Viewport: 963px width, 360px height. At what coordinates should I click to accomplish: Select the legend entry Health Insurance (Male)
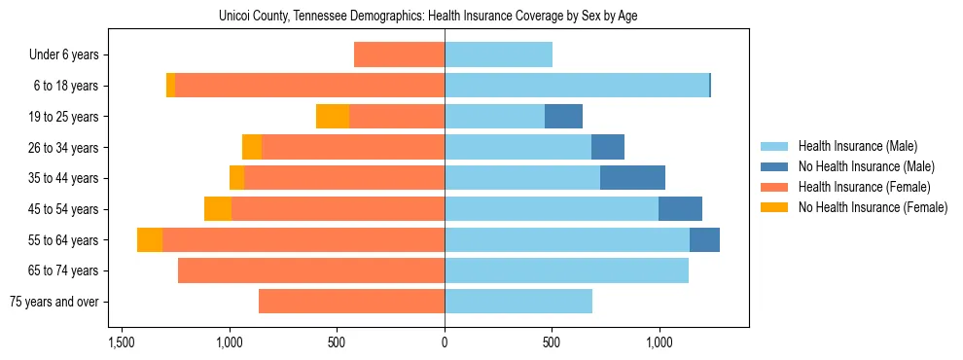point(857,146)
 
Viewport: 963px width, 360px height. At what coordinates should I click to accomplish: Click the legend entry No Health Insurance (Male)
point(866,166)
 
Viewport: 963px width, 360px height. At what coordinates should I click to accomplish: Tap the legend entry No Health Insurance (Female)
point(873,207)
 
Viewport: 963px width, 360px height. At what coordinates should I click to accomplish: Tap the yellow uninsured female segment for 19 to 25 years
point(333,117)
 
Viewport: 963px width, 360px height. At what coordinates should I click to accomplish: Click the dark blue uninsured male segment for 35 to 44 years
point(632,178)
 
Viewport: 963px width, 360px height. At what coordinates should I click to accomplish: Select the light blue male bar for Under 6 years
point(498,55)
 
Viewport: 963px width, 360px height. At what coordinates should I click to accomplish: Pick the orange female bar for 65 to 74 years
point(311,270)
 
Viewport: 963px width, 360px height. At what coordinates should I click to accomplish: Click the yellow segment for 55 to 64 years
point(150,240)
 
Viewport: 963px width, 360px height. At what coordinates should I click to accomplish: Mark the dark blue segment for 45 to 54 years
point(680,209)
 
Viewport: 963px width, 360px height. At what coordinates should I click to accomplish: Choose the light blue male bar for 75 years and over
point(518,302)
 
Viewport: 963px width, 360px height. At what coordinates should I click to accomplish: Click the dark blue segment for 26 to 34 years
point(608,148)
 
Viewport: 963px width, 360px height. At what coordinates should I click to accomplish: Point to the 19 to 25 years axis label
point(64,117)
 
